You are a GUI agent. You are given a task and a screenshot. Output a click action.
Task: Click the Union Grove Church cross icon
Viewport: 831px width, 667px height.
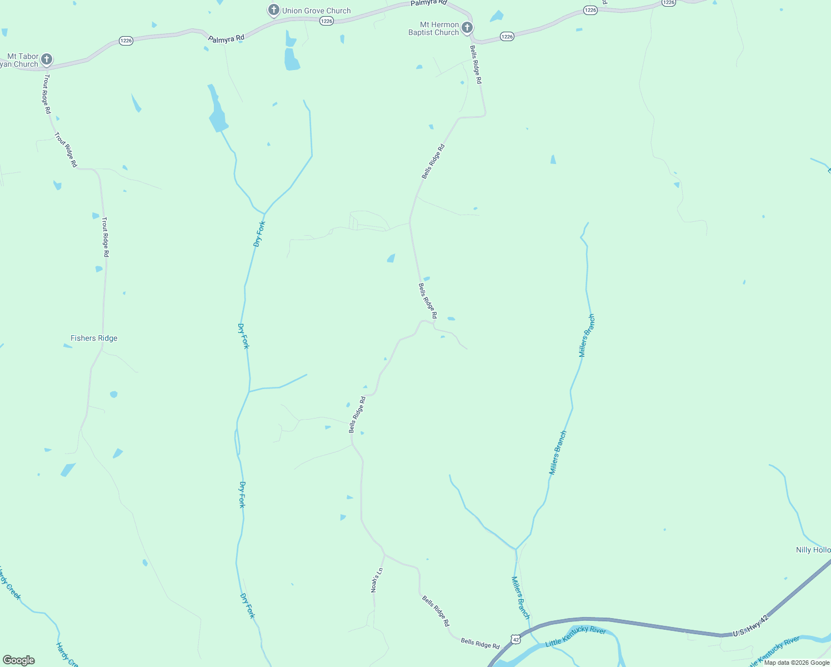pyautogui.click(x=273, y=10)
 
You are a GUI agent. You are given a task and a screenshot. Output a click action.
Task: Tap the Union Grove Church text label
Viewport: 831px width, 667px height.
pyautogui.click(x=316, y=11)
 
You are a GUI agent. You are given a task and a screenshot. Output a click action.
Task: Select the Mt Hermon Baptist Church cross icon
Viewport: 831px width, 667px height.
pyautogui.click(x=467, y=27)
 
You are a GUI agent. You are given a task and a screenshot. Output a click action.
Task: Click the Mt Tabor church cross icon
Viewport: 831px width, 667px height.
pyautogui.click(x=47, y=59)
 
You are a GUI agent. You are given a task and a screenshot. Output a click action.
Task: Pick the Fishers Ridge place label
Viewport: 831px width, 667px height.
pyautogui.click(x=94, y=338)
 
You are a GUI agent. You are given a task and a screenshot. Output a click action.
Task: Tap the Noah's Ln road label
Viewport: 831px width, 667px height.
pyautogui.click(x=377, y=580)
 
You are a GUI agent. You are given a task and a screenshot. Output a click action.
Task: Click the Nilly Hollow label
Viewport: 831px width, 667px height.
pyautogui.click(x=813, y=550)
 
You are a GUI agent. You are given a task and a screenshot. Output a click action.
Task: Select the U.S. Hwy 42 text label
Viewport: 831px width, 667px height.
pyautogui.click(x=750, y=626)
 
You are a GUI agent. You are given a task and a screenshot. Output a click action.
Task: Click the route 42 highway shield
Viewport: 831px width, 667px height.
pyautogui.click(x=516, y=640)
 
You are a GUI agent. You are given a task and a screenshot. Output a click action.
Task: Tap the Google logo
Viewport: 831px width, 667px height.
pyautogui.click(x=19, y=660)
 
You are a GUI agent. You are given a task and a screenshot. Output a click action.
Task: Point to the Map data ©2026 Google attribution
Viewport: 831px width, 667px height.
pyautogui.click(x=797, y=663)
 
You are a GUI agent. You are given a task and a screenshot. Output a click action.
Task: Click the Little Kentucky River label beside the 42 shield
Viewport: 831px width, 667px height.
pyautogui.click(x=575, y=636)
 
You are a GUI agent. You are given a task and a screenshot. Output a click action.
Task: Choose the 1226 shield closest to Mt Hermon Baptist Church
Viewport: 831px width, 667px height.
pyautogui.click(x=507, y=37)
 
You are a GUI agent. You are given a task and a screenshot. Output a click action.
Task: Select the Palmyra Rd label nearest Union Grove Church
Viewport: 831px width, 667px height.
pyautogui.click(x=226, y=39)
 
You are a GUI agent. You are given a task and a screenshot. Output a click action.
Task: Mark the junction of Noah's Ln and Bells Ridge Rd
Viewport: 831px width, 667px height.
pyautogui.click(x=384, y=554)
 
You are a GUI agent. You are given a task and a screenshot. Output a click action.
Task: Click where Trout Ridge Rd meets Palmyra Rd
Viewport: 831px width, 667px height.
pyautogui.click(x=44, y=69)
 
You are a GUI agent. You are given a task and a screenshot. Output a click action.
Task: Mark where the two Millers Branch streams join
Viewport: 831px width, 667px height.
pyautogui.click(x=516, y=549)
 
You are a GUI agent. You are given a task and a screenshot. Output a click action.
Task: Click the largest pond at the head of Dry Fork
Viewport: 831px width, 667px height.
pyautogui.click(x=217, y=118)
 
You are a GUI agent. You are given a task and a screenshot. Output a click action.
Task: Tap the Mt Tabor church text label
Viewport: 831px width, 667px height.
pyautogui.click(x=20, y=60)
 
